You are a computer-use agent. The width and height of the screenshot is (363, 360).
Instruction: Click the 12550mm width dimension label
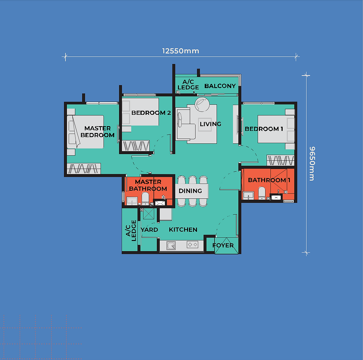pos(181,51)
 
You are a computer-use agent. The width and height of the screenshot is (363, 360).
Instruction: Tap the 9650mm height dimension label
pos(312,164)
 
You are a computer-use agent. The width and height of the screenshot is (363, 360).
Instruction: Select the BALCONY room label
pos(220,86)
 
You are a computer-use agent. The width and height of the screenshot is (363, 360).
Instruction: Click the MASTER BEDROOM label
pos(97,131)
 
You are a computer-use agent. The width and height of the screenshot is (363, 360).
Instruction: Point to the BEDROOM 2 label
pos(151,113)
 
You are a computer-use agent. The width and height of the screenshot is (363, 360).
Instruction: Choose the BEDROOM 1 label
pos(264,129)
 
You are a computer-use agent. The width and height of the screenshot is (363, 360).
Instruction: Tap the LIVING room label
pos(210,124)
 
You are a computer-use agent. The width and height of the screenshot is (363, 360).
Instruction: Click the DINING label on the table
pos(190,191)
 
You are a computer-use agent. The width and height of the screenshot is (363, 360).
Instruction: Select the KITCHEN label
pos(183,230)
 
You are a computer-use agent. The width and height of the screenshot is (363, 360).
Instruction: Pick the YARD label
pos(149,230)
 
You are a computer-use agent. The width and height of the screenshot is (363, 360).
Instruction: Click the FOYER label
pos(223,245)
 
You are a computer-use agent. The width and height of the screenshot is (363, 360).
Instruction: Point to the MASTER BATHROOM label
pos(148,185)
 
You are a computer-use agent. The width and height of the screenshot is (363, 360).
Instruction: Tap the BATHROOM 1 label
pos(269,180)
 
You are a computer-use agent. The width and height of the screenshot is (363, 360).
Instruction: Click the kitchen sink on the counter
pos(171,246)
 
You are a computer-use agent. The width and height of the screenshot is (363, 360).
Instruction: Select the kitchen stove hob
pos(193,244)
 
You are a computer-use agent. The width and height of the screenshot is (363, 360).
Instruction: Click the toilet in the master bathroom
pos(145,199)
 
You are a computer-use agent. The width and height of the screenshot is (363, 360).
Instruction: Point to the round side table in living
pos(202,104)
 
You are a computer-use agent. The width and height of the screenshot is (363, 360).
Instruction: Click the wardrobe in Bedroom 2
pos(136,146)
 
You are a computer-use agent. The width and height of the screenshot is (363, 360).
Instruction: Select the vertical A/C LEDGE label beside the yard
pos(131,231)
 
